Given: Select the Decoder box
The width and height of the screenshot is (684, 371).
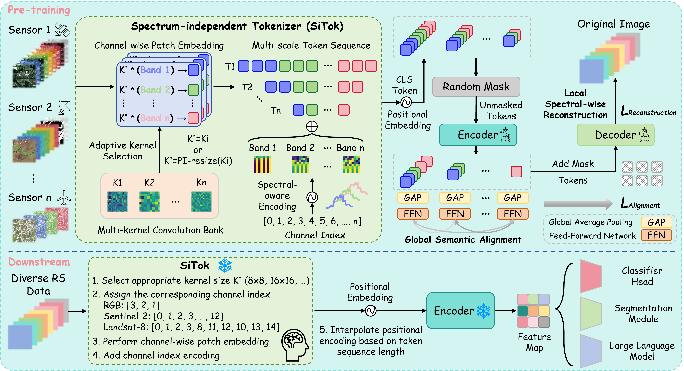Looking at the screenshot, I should coord(615,135).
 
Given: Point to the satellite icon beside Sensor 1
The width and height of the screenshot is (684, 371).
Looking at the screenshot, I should coord(62,29).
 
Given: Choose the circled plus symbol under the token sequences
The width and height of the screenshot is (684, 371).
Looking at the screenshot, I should coord(312,126).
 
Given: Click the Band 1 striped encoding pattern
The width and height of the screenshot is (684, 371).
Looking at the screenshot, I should coord(262,164).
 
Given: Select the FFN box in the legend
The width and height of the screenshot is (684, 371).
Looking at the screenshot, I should coord(656,235).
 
